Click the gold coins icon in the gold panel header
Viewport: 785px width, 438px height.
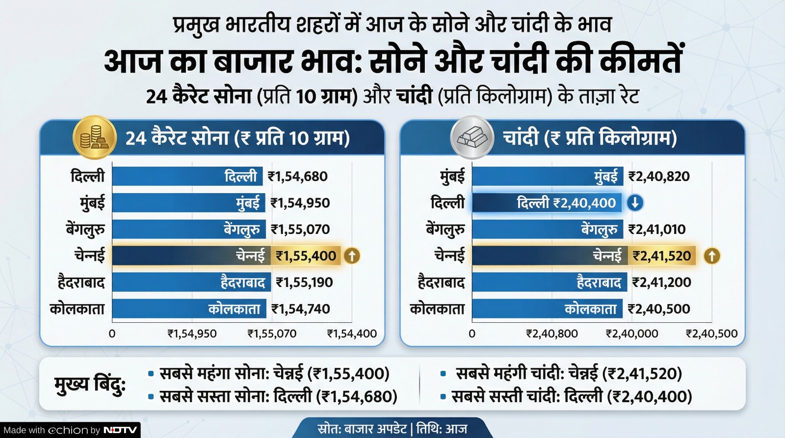coord(94,137)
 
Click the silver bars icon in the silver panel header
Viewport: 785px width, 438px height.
coord(472,137)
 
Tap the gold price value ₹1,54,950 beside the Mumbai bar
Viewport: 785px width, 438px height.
coord(300,203)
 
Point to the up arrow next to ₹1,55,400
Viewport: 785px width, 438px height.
coord(352,256)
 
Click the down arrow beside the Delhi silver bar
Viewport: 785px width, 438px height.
coord(635,203)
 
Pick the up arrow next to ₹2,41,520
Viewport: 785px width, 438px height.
coord(712,256)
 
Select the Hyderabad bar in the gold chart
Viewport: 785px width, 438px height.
coord(191,283)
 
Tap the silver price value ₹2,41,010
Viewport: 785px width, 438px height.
coord(657,230)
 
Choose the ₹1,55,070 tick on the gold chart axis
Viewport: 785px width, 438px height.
coord(272,334)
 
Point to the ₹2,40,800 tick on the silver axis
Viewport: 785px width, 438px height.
coord(552,334)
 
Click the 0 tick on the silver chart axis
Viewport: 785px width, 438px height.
coord(472,334)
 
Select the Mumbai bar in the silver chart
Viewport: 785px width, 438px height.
coord(547,176)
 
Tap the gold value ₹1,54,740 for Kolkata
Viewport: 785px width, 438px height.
coord(301,309)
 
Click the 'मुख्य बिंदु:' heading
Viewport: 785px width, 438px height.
coord(90,385)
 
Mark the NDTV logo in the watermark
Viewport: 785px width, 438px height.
coord(120,430)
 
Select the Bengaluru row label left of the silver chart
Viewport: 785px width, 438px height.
coord(445,230)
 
